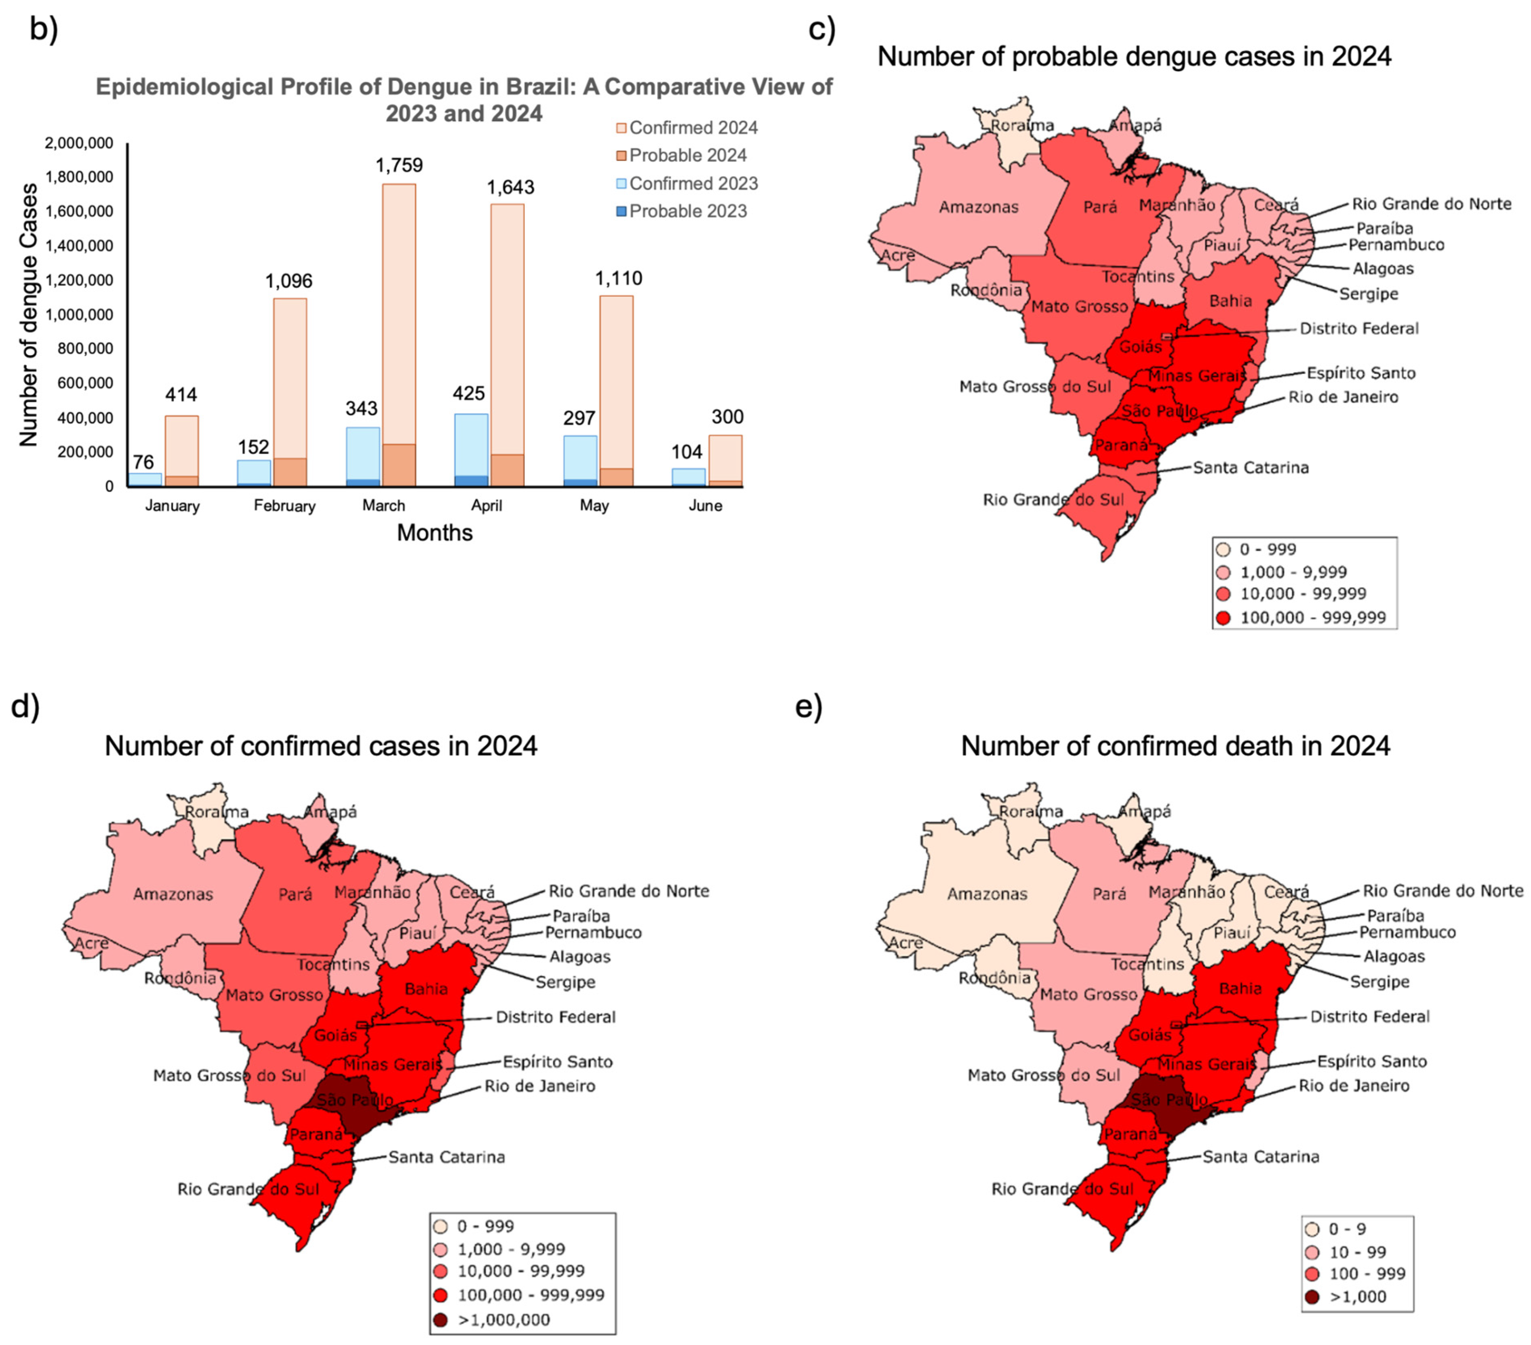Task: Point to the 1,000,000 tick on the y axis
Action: [79, 314]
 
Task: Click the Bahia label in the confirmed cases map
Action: [426, 989]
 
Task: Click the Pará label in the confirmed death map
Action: [1109, 894]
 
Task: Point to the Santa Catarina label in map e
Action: [1261, 1157]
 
